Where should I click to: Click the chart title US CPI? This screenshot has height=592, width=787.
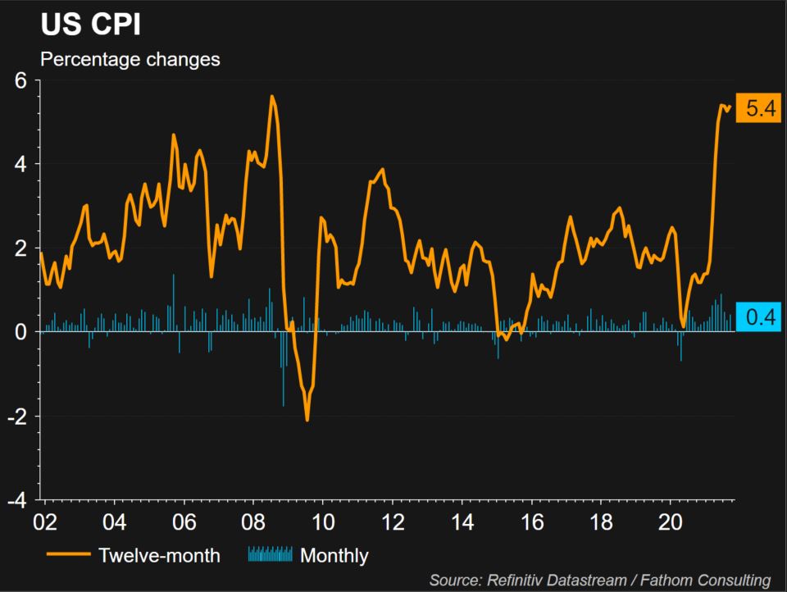click(90, 25)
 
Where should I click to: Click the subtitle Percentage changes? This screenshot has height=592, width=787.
click(130, 60)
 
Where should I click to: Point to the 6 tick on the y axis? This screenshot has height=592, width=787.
click(21, 80)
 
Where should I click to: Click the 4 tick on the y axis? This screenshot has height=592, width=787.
click(21, 164)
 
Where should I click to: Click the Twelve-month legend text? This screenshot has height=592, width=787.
click(159, 556)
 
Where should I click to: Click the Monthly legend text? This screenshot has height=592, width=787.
click(334, 556)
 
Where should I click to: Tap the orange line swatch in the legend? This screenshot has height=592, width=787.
click(68, 556)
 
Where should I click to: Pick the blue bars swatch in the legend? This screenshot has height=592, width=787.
click(269, 556)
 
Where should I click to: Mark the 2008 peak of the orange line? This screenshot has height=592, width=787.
click(271, 97)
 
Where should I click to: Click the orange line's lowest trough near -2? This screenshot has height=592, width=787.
click(307, 420)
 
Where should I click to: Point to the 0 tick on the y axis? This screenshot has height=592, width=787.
click(21, 332)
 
